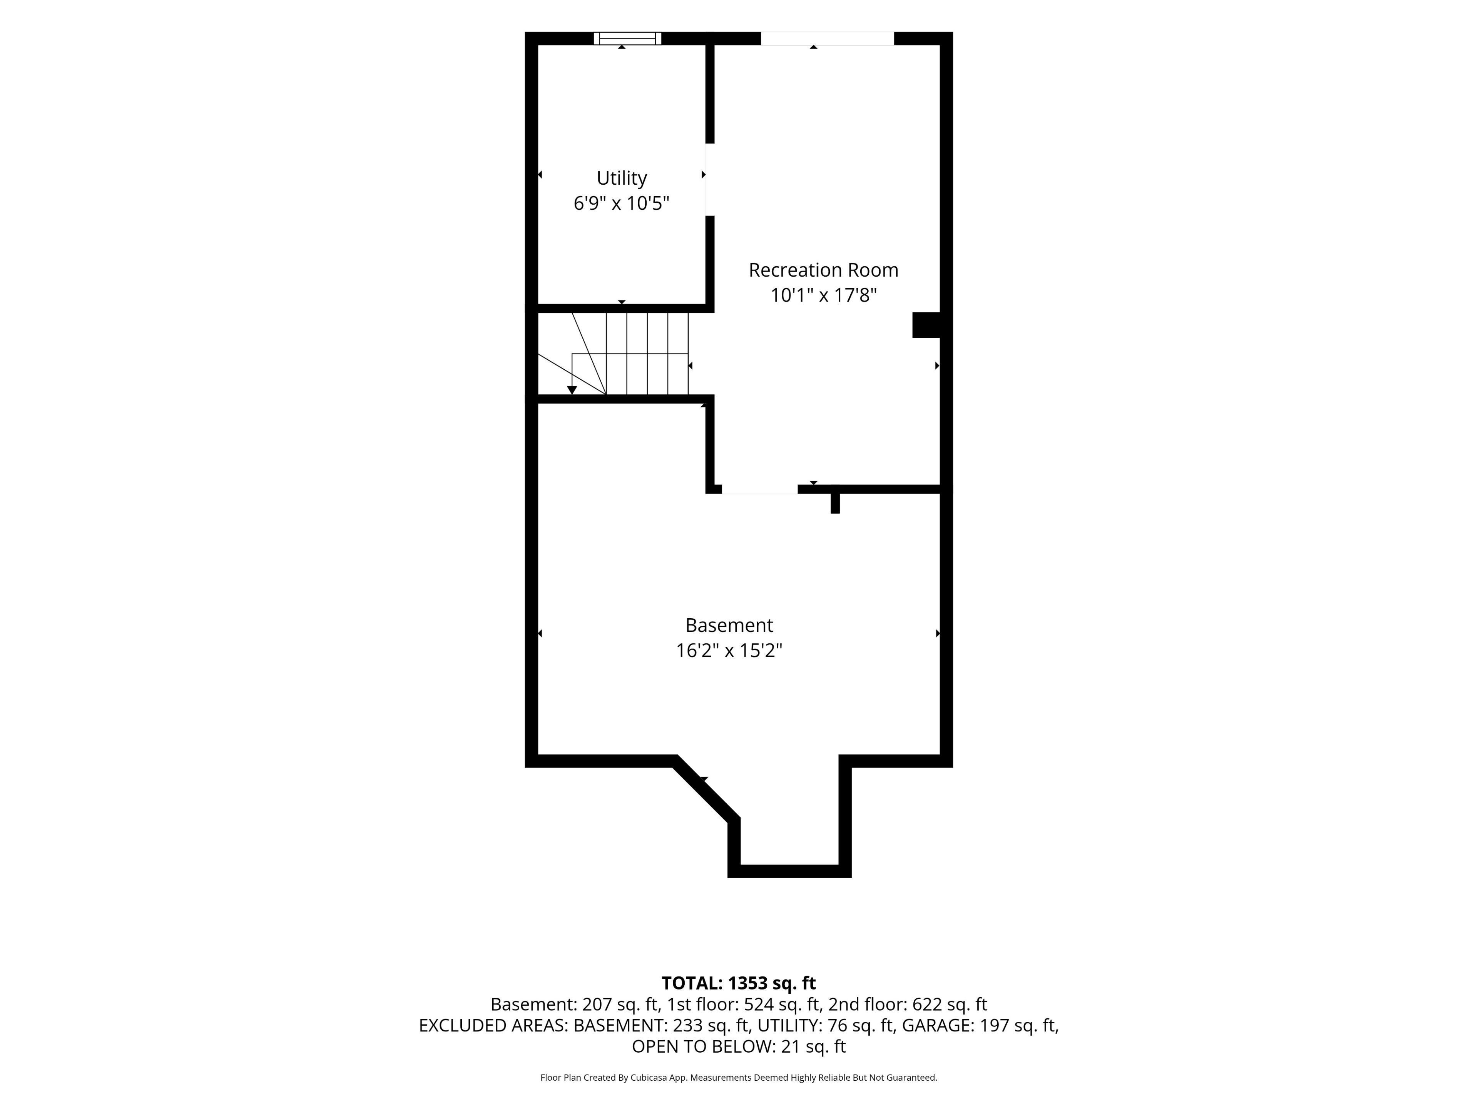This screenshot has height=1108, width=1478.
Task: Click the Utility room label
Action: (621, 179)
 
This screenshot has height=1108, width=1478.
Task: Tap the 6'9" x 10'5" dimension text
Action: (621, 203)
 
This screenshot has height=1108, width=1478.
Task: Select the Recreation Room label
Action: (823, 270)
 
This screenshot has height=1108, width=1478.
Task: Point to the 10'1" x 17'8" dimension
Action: (823, 295)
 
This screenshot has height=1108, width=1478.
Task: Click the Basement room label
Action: (729, 625)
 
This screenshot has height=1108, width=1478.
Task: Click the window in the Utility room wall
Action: (627, 38)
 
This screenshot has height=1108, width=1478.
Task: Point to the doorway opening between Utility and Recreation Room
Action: (710, 180)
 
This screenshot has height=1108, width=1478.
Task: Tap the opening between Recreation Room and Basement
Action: (760, 489)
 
